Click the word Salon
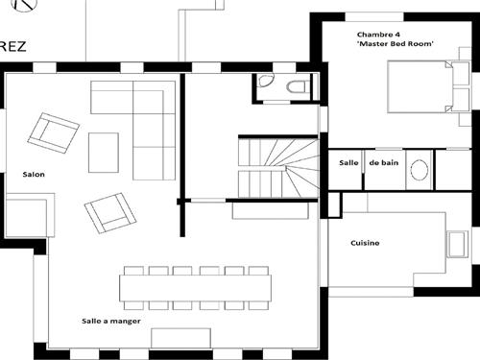(x=34, y=175)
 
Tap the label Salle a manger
(x=111, y=322)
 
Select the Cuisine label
(x=365, y=243)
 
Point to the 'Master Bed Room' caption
(x=396, y=44)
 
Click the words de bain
(x=383, y=163)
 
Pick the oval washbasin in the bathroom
(x=420, y=170)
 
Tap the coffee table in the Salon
(x=104, y=152)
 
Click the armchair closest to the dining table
(x=109, y=212)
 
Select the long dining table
(x=194, y=287)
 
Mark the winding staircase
(x=277, y=166)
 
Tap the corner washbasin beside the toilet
(x=265, y=84)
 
